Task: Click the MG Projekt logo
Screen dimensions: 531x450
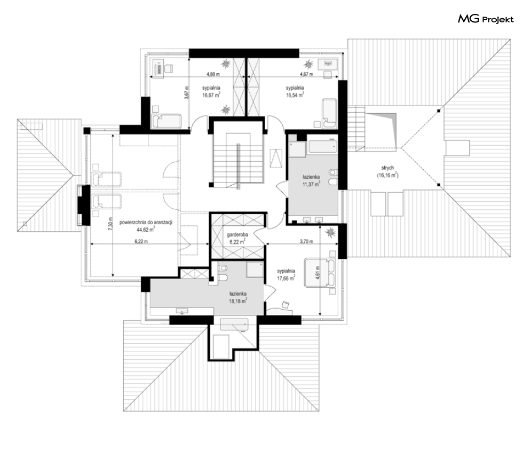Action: (486, 19)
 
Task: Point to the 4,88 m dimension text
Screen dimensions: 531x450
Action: (213, 74)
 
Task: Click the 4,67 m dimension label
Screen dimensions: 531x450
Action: (306, 74)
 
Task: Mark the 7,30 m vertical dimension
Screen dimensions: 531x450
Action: (110, 224)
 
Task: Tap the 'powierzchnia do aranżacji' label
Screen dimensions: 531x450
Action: (146, 223)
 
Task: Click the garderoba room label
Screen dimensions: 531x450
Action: (237, 234)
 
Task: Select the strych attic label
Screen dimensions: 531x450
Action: (387, 168)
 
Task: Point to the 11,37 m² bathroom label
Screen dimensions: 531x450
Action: (312, 184)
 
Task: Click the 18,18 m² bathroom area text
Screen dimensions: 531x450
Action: (237, 301)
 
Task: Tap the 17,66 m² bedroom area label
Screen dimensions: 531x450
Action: (286, 278)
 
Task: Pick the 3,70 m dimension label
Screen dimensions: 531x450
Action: (306, 242)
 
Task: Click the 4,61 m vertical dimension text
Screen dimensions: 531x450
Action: (318, 272)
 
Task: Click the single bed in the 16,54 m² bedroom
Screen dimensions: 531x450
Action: (330, 114)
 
